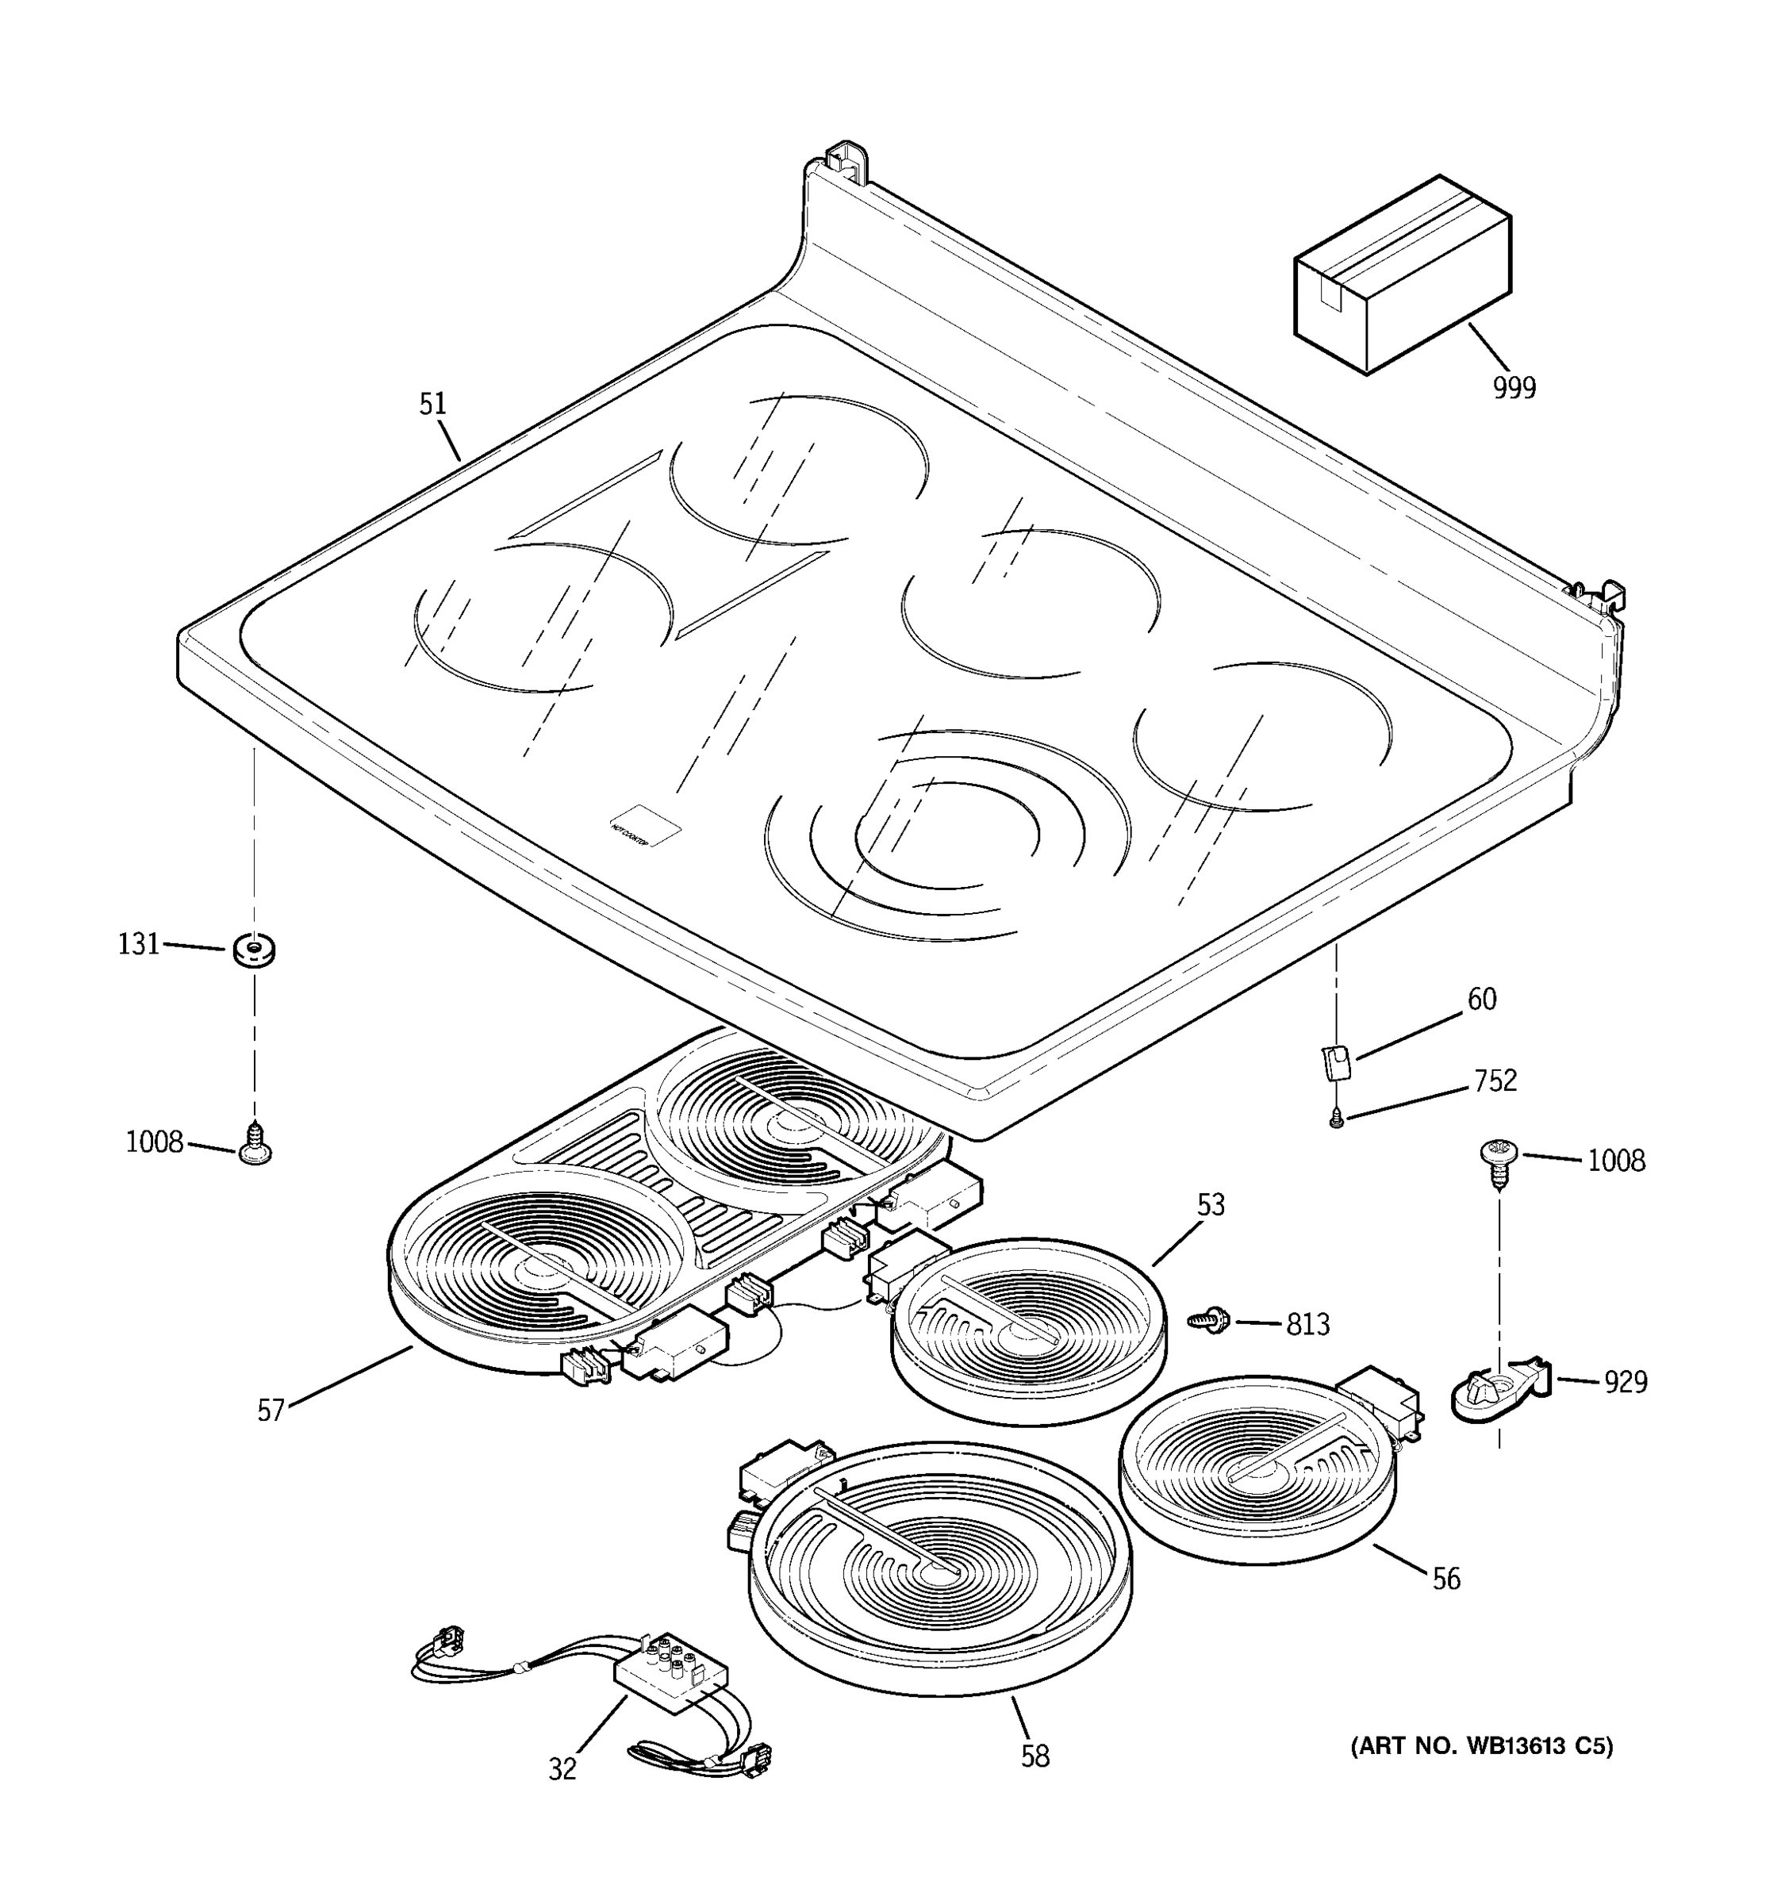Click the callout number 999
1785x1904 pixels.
point(1514,388)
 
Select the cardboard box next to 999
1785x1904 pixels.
point(1402,274)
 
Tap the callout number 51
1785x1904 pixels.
point(433,404)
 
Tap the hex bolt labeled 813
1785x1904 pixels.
point(1208,1320)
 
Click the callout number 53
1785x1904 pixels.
point(1211,1205)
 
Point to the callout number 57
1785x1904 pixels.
point(271,1410)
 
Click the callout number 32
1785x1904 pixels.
point(562,1770)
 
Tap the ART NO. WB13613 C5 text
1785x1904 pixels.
point(1481,1746)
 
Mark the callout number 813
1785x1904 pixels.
point(1307,1325)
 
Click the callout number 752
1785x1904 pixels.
point(1495,1081)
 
